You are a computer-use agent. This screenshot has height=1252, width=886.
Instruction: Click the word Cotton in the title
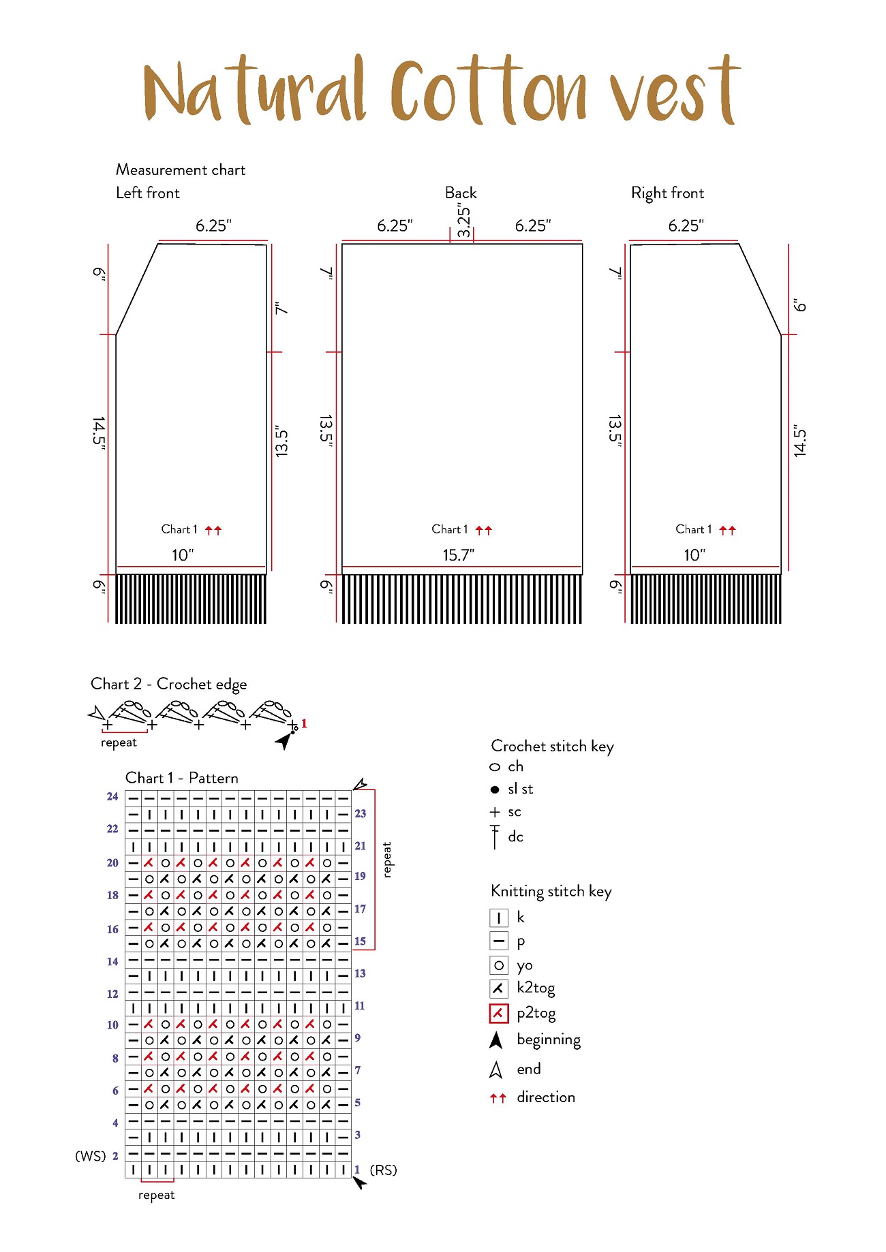coord(488,91)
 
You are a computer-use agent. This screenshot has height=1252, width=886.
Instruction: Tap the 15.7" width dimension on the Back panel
coord(458,555)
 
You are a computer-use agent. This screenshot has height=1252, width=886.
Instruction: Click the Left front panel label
coord(148,193)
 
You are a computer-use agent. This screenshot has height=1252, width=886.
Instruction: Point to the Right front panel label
coord(667,193)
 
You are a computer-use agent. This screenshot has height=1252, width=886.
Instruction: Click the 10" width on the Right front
coord(694,555)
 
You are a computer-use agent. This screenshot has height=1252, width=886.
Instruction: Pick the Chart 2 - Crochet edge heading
coord(169,685)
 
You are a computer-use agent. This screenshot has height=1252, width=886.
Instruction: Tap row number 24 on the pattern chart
coord(112,796)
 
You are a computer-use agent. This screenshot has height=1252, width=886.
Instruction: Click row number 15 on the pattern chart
coord(360,941)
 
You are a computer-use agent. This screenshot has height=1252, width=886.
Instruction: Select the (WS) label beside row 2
coord(91,1156)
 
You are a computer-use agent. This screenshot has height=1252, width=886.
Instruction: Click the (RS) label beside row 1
coord(383,1170)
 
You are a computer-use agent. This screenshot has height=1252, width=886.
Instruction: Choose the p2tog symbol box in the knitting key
coord(499,1014)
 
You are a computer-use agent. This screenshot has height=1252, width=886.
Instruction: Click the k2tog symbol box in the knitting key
coord(499,988)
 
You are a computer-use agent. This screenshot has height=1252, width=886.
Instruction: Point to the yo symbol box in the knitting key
coord(499,965)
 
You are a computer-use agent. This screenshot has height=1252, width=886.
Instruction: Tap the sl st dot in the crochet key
coord(495,789)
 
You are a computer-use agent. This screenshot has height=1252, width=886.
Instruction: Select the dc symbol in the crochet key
coord(495,836)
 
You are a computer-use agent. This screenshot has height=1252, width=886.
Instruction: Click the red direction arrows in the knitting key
coord(498,1098)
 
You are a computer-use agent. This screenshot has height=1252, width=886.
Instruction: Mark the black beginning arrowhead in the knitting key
coord(496,1040)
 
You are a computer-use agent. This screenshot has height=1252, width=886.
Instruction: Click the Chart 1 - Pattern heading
coord(182,778)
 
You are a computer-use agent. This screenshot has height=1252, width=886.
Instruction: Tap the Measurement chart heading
coord(181,170)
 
